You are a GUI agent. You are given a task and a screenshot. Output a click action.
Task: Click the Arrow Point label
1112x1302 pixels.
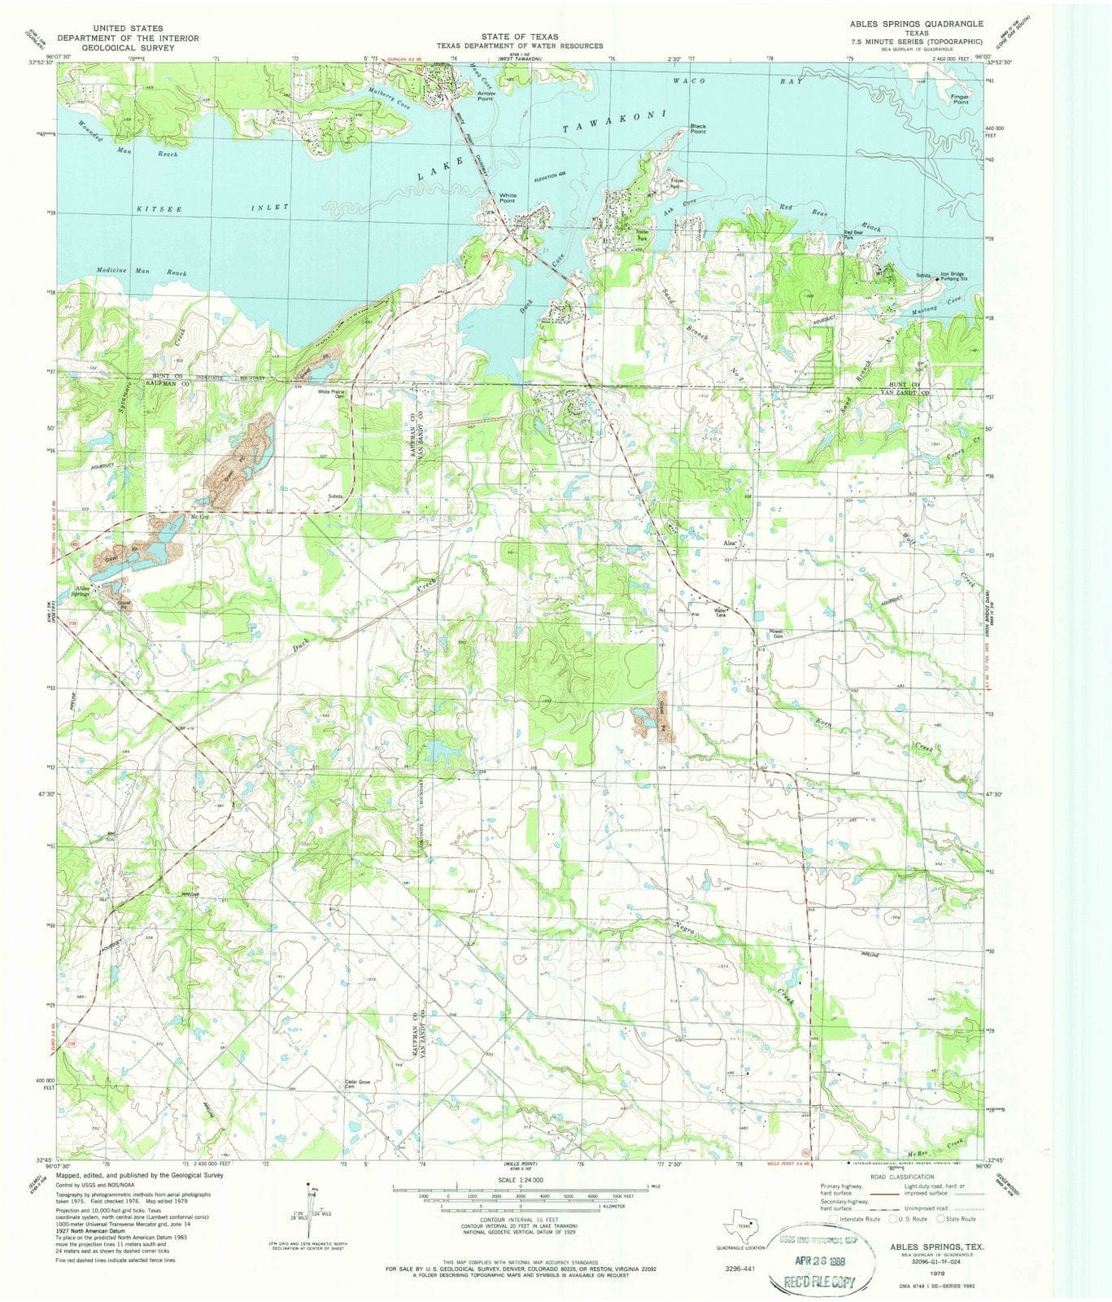(486, 95)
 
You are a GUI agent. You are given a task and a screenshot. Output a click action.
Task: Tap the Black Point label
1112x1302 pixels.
(697, 129)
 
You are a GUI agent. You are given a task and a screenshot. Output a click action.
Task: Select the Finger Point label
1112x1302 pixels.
(960, 99)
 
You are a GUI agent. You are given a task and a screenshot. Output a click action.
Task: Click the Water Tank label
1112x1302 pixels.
(721, 612)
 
